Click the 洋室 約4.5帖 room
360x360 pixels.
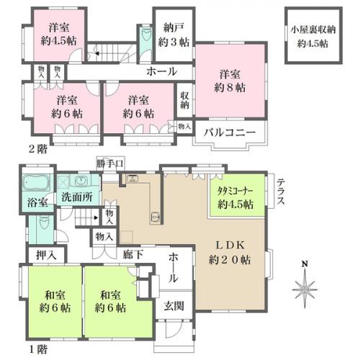pyautogui.click(x=59, y=34)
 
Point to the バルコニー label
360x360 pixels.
pyautogui.click(x=228, y=132)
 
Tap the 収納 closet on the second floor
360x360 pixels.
pyautogui.click(x=184, y=99)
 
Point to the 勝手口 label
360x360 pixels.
pyautogui.click(x=109, y=163)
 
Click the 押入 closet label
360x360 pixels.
pyautogui.click(x=37, y=254)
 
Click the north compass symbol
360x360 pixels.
pyautogui.click(x=306, y=289)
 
